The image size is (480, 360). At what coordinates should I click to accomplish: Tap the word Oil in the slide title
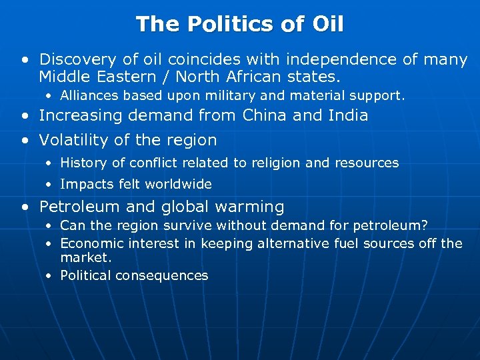(327, 25)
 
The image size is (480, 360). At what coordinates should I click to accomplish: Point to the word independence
(341, 60)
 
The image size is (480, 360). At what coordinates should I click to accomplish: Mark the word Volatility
(73, 140)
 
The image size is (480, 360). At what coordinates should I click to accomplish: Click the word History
(81, 163)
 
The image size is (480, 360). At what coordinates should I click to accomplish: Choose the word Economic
(91, 243)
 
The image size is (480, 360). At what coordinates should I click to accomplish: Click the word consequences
(162, 275)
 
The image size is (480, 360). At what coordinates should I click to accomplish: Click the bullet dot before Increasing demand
(25, 116)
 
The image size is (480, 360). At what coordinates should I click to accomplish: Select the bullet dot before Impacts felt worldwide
(49, 185)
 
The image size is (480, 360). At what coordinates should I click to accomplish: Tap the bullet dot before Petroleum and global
(25, 207)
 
